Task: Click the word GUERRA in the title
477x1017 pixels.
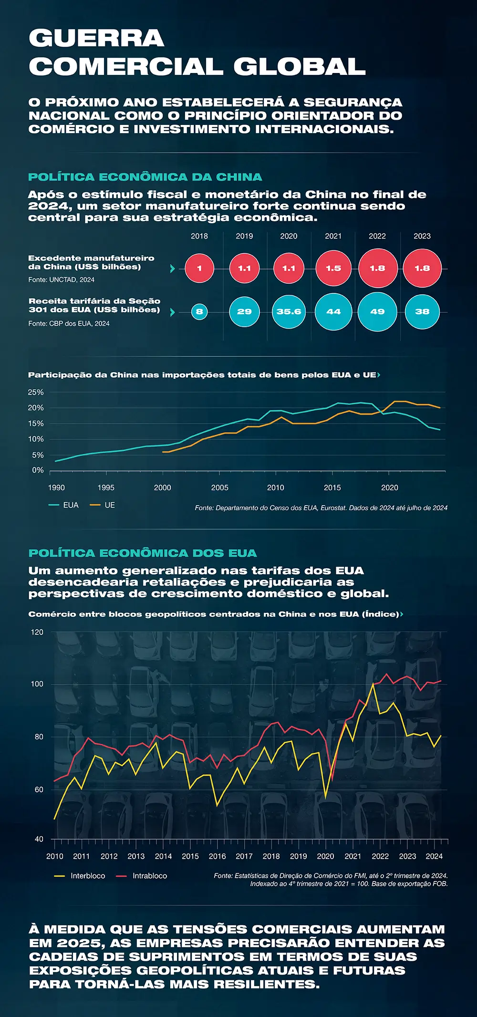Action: (x=96, y=38)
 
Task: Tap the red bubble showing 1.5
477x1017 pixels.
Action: (x=333, y=268)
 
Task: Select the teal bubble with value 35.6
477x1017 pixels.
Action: (x=289, y=311)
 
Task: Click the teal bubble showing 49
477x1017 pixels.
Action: (x=377, y=311)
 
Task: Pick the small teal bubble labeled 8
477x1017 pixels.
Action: (x=199, y=312)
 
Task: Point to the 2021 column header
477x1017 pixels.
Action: (x=333, y=236)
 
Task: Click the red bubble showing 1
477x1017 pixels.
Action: (x=199, y=268)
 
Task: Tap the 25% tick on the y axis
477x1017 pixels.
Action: (x=36, y=392)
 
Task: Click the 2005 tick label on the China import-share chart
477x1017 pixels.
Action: (x=219, y=488)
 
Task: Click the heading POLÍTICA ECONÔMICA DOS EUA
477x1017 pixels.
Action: (x=143, y=553)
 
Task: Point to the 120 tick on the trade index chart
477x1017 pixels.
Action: (x=37, y=632)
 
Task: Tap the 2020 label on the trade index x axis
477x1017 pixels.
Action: (x=326, y=856)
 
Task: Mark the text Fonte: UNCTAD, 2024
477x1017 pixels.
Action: (x=61, y=280)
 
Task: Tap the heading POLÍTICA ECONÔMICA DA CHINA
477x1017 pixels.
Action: (x=145, y=177)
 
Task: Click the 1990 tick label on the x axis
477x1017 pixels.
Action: (x=56, y=488)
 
